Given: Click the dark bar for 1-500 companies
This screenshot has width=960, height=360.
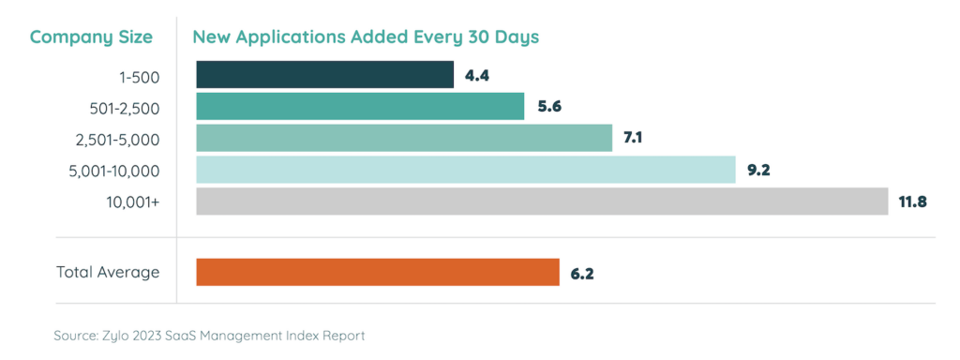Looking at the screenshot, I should tap(324, 75).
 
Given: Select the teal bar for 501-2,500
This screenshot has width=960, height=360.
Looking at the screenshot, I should tap(360, 107).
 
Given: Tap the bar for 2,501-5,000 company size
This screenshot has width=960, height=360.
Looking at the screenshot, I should tap(404, 139).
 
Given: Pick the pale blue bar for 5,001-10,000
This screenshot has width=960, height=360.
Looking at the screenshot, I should tap(466, 171).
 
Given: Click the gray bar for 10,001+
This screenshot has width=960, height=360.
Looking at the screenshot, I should tap(542, 202).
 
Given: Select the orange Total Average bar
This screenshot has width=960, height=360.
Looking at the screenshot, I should tap(378, 273).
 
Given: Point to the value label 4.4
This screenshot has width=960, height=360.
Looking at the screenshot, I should tap(477, 75).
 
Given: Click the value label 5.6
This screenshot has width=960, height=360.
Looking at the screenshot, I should tap(548, 107).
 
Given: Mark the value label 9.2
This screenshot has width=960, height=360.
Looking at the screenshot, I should tap(759, 171).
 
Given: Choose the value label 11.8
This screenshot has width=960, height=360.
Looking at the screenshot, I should tap(912, 202).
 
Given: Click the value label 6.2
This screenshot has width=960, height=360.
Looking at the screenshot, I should tap(582, 274).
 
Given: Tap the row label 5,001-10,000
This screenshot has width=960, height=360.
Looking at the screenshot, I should tap(112, 171).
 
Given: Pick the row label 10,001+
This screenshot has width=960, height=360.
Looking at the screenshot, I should tap(132, 202).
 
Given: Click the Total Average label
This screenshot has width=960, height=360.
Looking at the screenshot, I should tap(108, 273).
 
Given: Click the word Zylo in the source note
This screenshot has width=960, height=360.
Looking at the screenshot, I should tap(125, 335).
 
